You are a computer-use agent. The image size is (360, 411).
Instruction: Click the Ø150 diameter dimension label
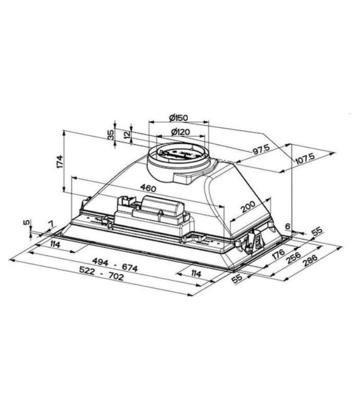(178, 118)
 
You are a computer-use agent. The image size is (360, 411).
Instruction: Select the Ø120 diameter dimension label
(181, 132)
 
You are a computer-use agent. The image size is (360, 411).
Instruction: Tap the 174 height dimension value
(60, 162)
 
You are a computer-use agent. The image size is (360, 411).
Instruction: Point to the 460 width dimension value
(148, 188)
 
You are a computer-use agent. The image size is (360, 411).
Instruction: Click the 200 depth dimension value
(248, 207)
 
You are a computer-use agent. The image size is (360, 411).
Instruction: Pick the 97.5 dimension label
(261, 150)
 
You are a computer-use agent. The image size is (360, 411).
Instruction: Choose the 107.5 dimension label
(305, 159)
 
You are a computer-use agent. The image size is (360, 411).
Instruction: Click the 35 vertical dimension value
(111, 135)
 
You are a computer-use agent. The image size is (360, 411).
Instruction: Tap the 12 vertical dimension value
(127, 135)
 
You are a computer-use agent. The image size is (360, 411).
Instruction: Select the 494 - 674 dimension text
(115, 265)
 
